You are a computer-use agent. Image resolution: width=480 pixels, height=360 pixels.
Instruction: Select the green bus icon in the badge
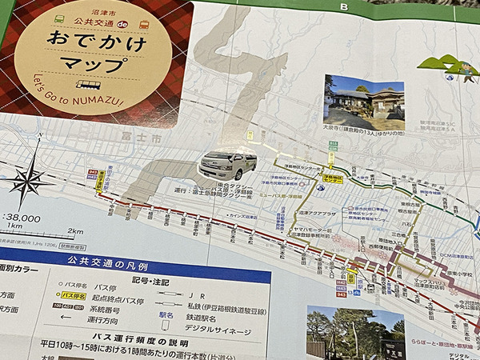tap(61, 18)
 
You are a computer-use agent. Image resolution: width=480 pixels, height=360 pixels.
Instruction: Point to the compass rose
tap(28, 179)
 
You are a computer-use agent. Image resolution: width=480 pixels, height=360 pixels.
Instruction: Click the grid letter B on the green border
tap(345, 8)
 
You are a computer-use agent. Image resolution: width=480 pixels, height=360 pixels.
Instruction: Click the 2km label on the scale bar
tap(74, 232)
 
